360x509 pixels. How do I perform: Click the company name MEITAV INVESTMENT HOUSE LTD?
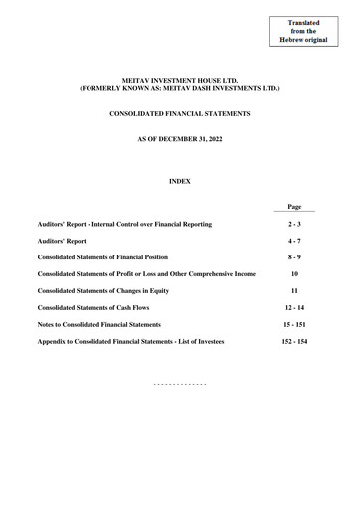[180, 80]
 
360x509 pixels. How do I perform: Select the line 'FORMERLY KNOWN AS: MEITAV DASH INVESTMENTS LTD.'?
[180, 89]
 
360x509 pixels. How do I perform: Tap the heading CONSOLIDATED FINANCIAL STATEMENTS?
[180, 115]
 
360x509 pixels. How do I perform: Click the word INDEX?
[180, 181]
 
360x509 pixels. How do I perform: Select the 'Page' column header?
[294, 207]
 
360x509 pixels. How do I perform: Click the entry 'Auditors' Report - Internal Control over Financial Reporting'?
[124, 225]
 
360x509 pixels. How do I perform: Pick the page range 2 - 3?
[294, 225]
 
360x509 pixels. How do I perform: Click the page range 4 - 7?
[294, 241]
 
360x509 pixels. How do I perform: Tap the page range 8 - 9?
[294, 257]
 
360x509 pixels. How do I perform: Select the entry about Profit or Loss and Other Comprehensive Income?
[145, 273]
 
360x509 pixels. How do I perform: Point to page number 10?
[294, 273]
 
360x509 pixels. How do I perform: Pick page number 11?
[294, 290]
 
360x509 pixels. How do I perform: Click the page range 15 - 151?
[294, 324]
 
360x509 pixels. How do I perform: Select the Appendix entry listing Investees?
[130, 341]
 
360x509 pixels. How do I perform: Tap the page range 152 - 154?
[294, 341]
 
